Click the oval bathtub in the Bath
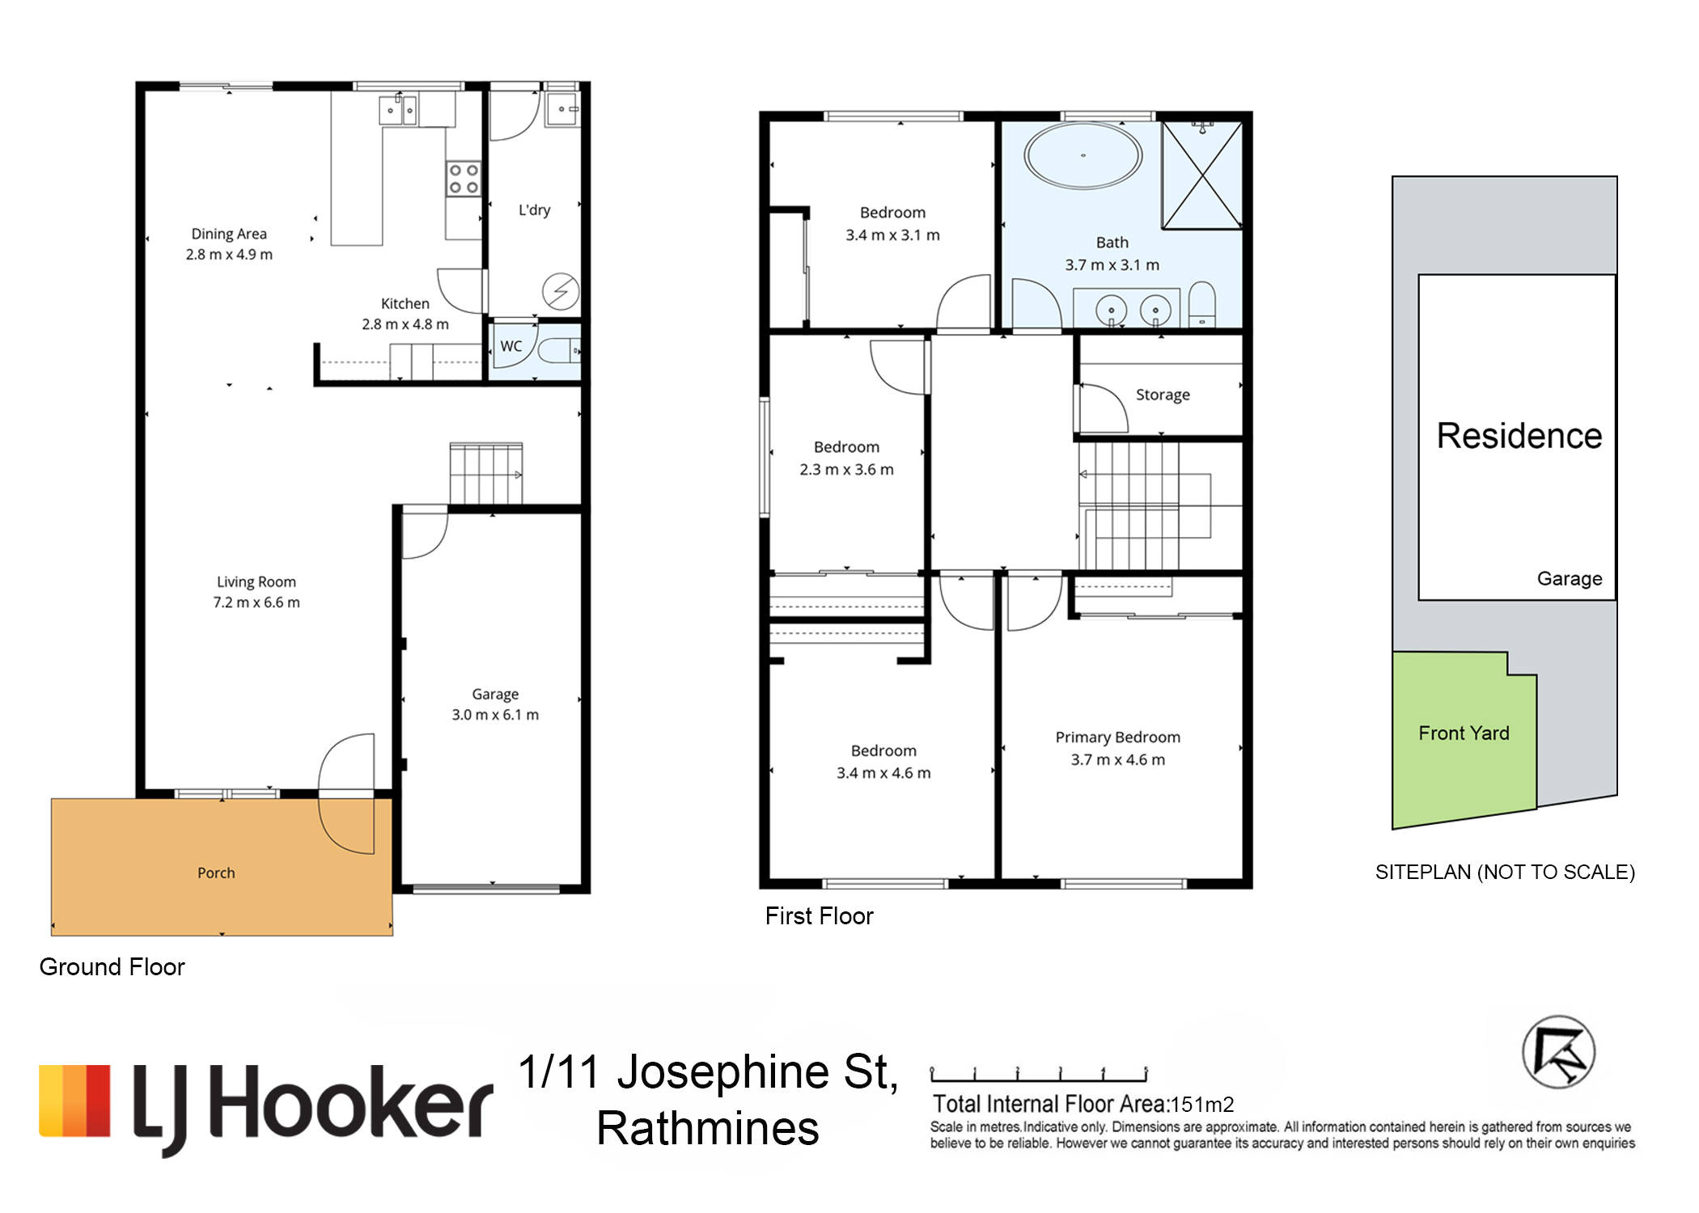(x=1083, y=155)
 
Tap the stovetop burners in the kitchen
(x=464, y=179)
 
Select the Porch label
(x=216, y=873)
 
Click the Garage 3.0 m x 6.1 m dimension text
(x=495, y=715)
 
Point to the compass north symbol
(x=1558, y=1052)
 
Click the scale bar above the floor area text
(x=1039, y=1075)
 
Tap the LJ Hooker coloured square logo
(x=74, y=1101)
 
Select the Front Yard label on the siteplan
(x=1464, y=733)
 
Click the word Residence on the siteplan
(x=1519, y=436)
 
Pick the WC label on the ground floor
(x=511, y=346)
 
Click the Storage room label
(x=1163, y=395)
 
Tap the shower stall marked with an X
(x=1202, y=175)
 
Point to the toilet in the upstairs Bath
(x=1202, y=304)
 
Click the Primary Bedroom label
(x=1117, y=738)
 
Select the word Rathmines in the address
(x=708, y=1128)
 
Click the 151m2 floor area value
(x=1202, y=1104)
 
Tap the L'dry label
(x=534, y=210)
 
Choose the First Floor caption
(x=819, y=916)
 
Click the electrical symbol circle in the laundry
(x=561, y=292)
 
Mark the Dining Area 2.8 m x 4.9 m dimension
(x=229, y=255)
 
